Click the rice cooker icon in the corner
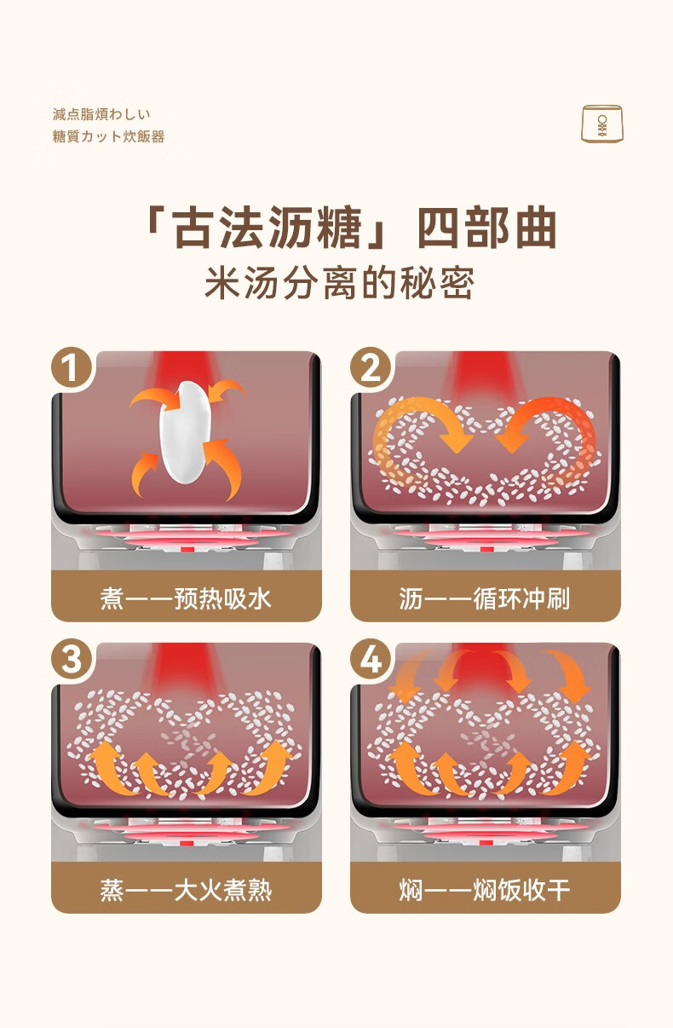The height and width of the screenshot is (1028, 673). (602, 124)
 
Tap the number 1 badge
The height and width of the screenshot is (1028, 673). (71, 368)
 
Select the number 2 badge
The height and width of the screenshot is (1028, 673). (371, 368)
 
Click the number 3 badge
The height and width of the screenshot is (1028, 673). (71, 660)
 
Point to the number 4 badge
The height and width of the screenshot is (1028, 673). (371, 660)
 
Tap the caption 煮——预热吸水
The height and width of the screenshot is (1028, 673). (186, 598)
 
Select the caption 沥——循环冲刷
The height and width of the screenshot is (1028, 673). (485, 598)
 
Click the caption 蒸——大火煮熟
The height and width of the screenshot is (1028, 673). (186, 890)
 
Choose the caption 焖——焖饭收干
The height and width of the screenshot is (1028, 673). (485, 890)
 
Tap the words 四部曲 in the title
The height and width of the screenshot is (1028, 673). (487, 228)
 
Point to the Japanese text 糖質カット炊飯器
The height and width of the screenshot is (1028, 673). (108, 136)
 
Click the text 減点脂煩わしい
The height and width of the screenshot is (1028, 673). (101, 114)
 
